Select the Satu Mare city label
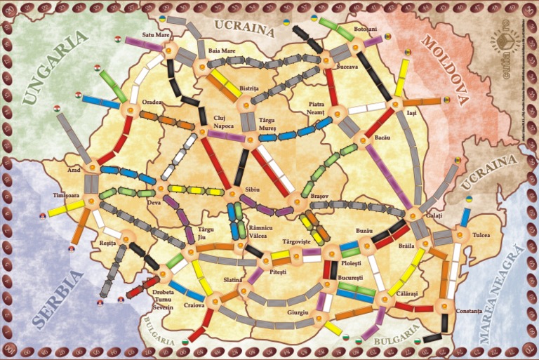click(157, 34)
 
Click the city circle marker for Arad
click(91, 168)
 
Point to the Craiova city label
click(194, 305)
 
